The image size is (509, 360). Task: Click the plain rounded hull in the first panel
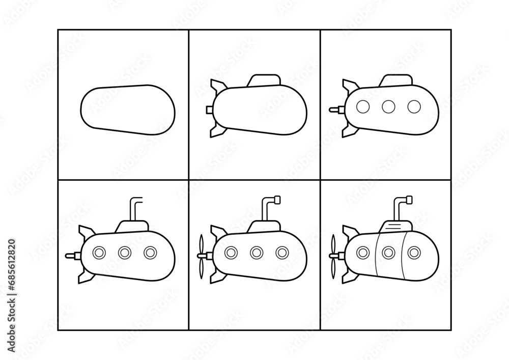pyautogui.click(x=128, y=110)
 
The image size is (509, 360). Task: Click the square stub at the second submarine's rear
pyautogui.click(x=209, y=109)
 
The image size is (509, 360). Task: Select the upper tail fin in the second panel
pyautogui.click(x=217, y=86)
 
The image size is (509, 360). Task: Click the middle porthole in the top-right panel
pyautogui.click(x=388, y=106)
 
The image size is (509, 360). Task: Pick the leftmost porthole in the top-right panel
pyautogui.click(x=362, y=106)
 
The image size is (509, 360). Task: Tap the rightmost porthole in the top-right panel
pyautogui.click(x=414, y=106)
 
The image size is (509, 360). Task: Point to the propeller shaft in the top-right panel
pyautogui.click(x=335, y=108)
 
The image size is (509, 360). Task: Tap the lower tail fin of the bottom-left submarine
pyautogui.click(x=84, y=275)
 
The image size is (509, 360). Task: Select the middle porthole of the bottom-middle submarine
pyautogui.click(x=256, y=252)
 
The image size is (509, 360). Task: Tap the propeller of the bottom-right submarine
pyautogui.click(x=333, y=256)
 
